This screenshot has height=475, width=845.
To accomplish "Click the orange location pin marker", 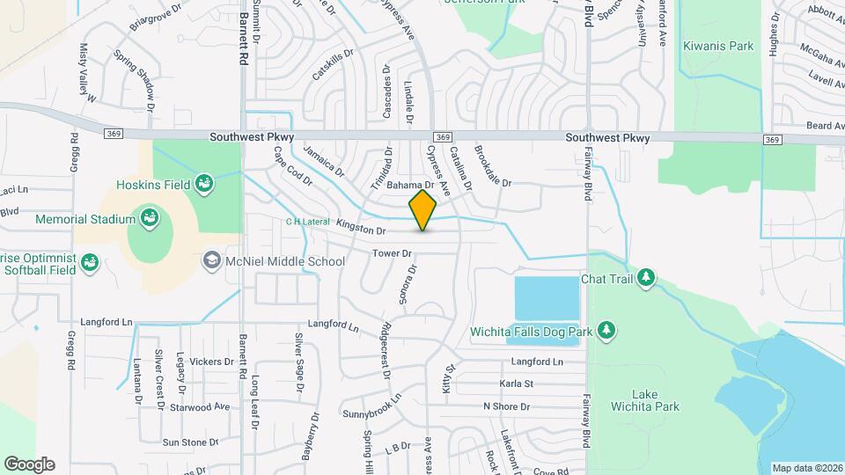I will [423, 210].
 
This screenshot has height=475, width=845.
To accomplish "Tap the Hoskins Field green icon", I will [204, 184].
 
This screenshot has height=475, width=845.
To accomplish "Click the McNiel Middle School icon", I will [211, 260].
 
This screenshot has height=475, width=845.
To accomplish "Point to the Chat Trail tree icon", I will [647, 278].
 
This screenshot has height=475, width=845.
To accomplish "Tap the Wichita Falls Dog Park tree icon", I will [606, 330].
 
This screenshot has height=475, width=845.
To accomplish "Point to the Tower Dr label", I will [393, 253].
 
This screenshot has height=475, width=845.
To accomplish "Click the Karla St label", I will [517, 384].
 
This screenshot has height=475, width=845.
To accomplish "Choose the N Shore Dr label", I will [506, 406].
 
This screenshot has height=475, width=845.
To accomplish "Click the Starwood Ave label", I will [200, 407].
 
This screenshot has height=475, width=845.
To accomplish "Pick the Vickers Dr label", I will [204, 362].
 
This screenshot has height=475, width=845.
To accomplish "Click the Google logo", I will [29, 464].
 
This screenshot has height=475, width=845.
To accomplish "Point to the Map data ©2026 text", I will [807, 468].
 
